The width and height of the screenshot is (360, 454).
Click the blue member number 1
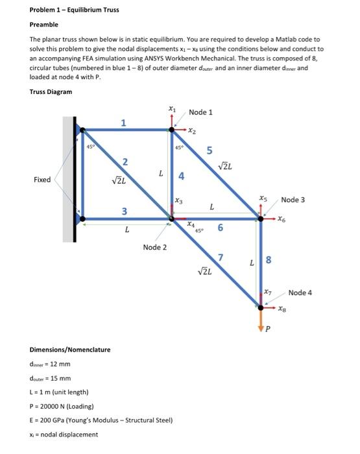click(x=125, y=123)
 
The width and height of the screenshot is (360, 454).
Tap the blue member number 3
click(x=125, y=210)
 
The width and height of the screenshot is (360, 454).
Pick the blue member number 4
click(x=182, y=176)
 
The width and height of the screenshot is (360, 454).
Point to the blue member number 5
click(x=209, y=151)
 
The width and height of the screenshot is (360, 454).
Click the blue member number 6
click(x=221, y=228)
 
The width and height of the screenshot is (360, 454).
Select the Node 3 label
click(x=293, y=200)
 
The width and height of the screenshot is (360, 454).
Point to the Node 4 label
click(x=300, y=293)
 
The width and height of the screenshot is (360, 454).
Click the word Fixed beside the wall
click(x=42, y=180)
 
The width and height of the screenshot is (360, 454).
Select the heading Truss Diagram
click(x=51, y=91)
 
